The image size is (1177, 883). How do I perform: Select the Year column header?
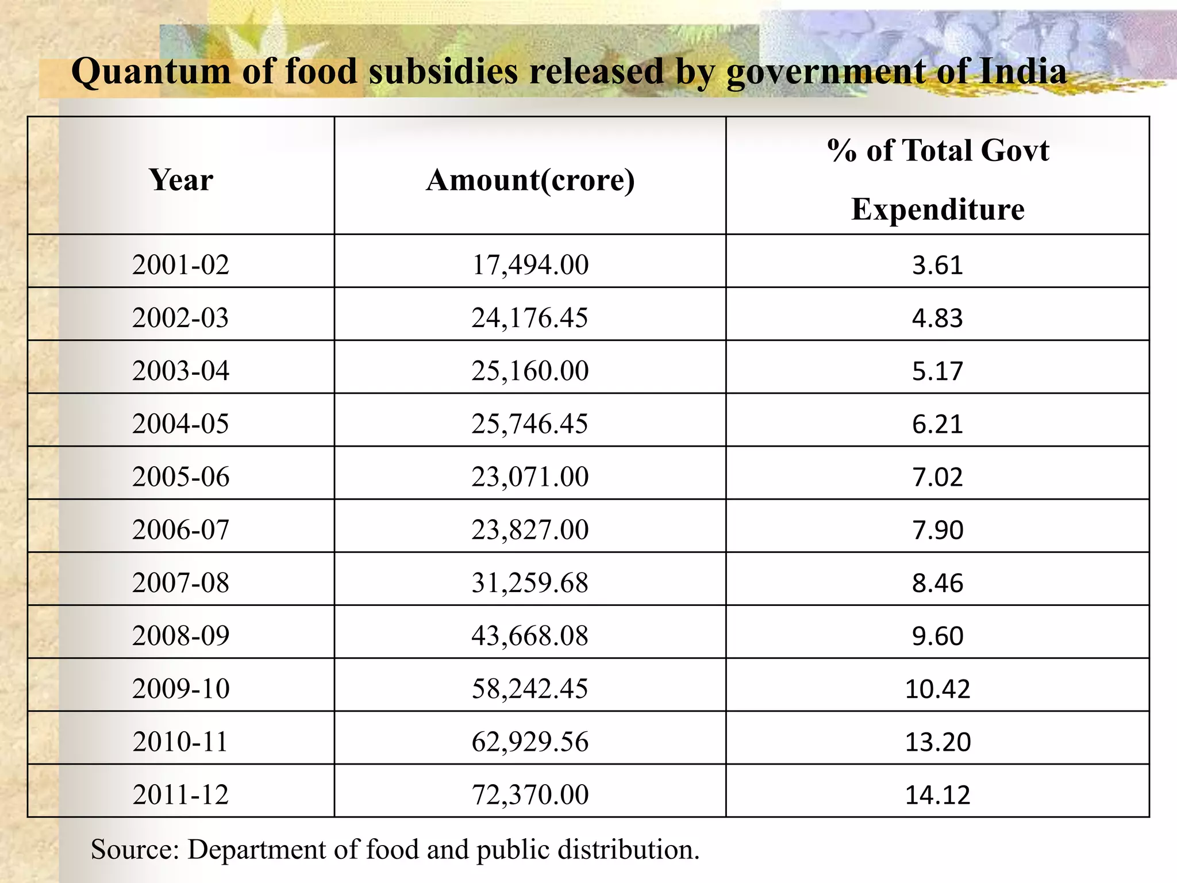pos(181,180)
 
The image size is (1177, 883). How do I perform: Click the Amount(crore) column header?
pos(530,180)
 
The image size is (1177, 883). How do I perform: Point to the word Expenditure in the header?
pos(937,209)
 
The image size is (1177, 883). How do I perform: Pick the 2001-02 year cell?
pos(180,265)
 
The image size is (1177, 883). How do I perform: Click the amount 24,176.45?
pos(530,318)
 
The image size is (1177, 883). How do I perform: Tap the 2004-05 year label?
pos(180,424)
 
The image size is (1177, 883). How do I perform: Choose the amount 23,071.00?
pos(530,477)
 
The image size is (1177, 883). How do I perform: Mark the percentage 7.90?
pos(937,530)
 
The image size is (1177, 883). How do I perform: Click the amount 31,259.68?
pos(530,583)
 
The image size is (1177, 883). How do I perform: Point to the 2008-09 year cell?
pos(180,636)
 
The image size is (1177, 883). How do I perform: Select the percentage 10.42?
pos(937,689)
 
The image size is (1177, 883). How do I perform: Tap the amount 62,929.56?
pos(530,742)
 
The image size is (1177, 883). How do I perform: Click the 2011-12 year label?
pos(180,794)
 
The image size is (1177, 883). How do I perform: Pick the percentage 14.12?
pos(937,794)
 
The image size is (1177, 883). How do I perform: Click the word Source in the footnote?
pos(135,850)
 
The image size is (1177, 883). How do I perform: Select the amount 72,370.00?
pos(530,794)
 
